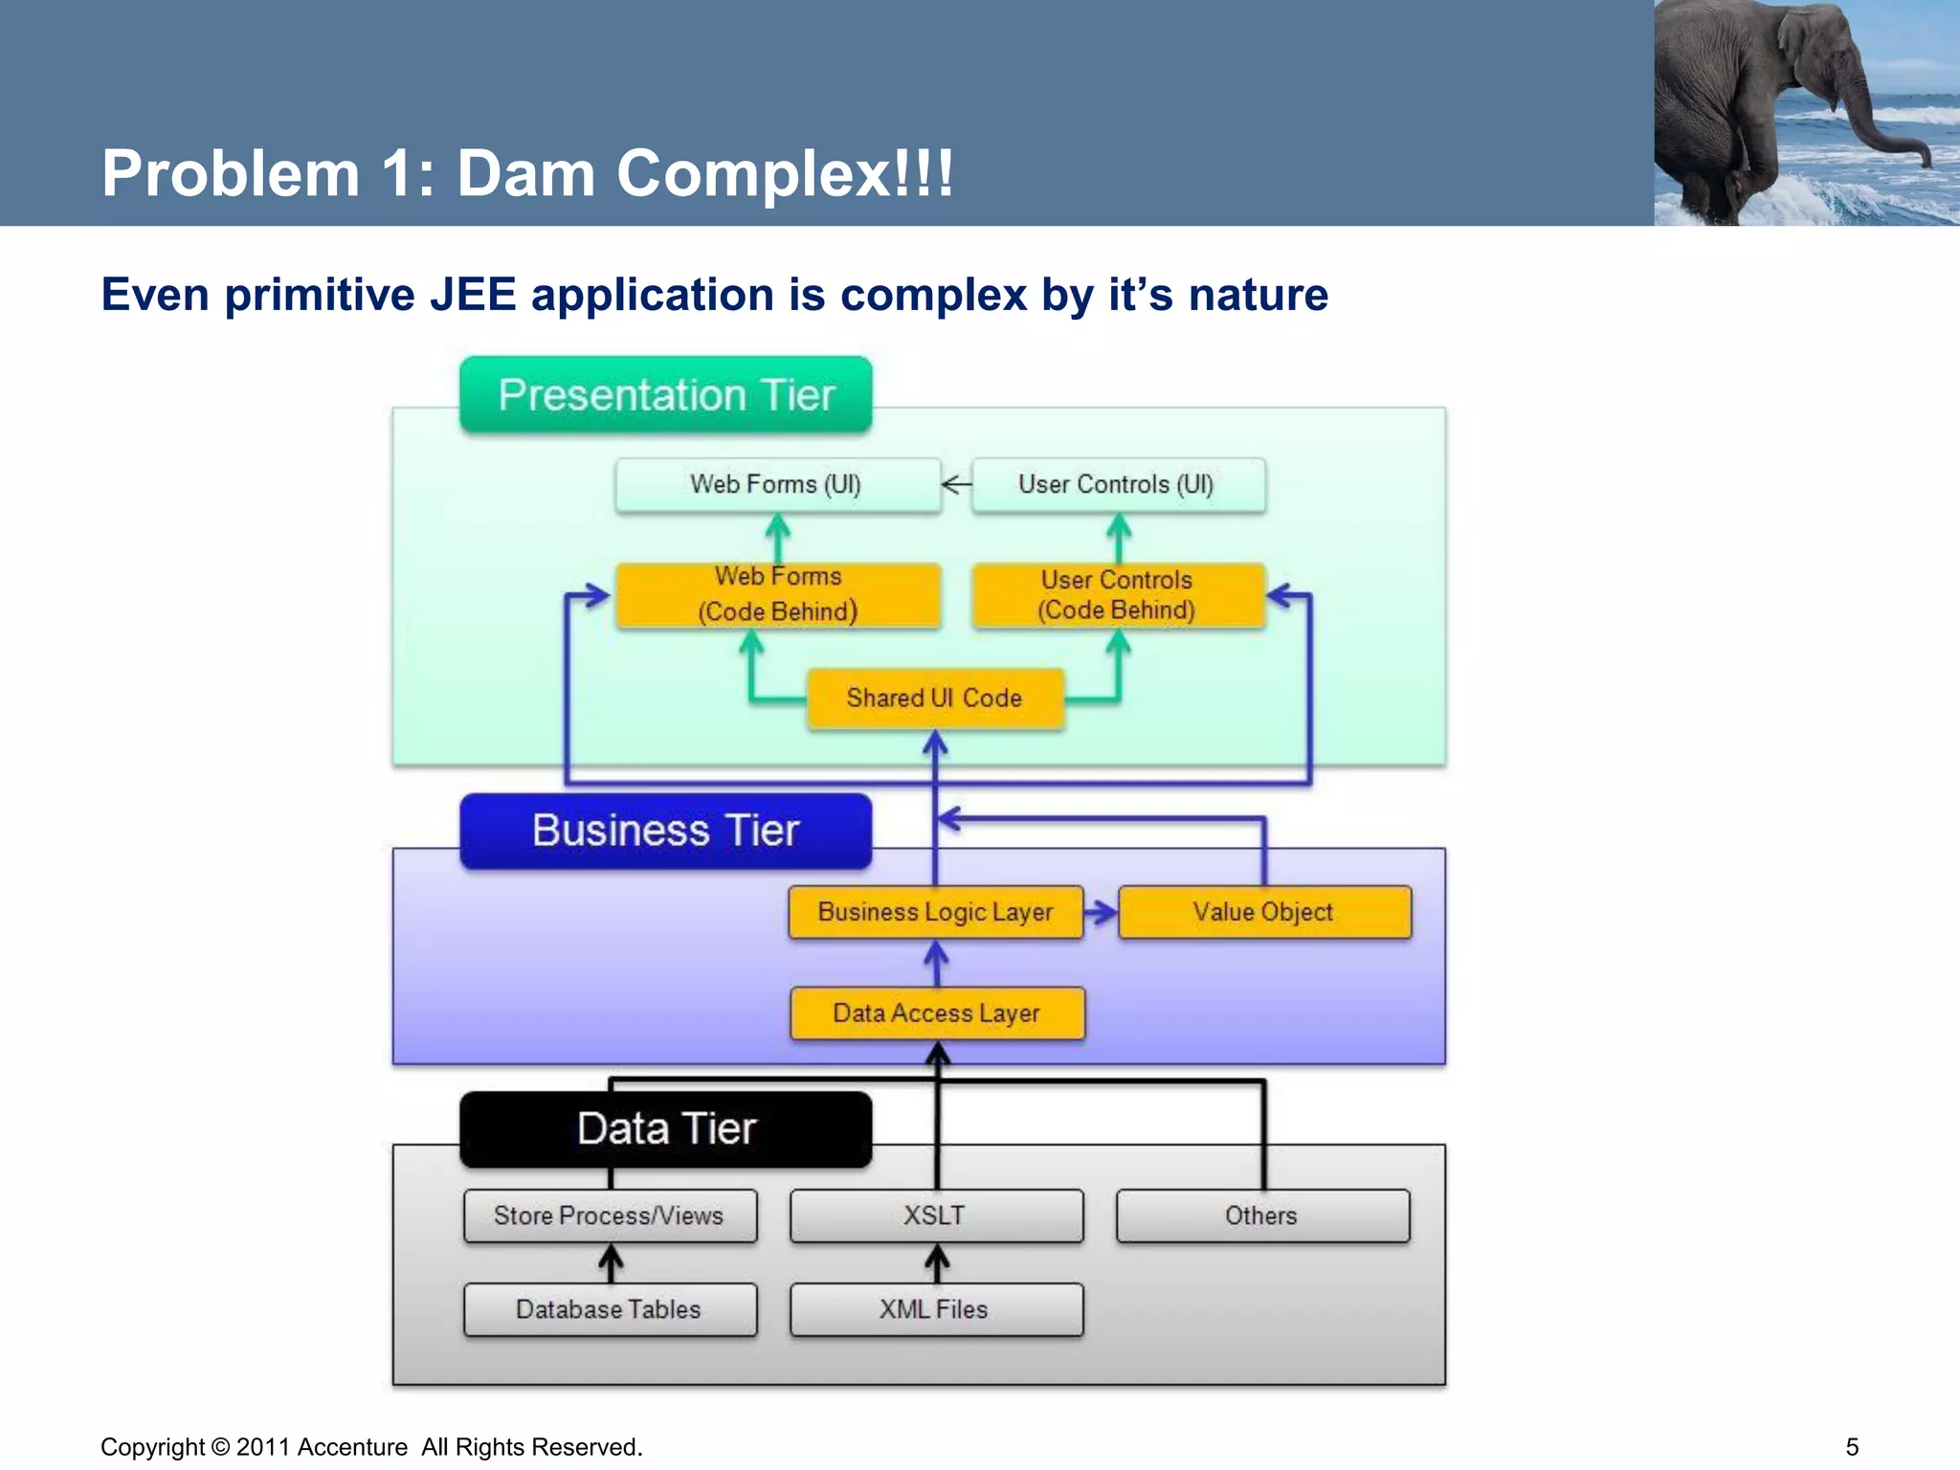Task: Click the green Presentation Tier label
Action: point(666,395)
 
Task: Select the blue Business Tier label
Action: point(666,831)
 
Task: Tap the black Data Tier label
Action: point(666,1129)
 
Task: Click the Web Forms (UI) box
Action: point(777,485)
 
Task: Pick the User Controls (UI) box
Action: point(1118,485)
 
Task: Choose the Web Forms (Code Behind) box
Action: point(777,595)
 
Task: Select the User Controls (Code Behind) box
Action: point(1118,595)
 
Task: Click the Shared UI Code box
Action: point(935,699)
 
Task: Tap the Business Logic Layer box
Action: point(935,912)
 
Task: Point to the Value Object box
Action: point(1263,912)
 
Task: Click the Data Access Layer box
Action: point(937,1013)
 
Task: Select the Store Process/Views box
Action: point(610,1216)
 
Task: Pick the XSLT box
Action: point(936,1216)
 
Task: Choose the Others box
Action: point(1262,1216)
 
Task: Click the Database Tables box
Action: point(610,1310)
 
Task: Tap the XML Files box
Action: point(936,1310)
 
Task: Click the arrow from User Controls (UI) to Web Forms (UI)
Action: point(956,485)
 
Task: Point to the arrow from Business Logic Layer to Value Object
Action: point(1101,912)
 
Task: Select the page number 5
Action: point(1852,1447)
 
